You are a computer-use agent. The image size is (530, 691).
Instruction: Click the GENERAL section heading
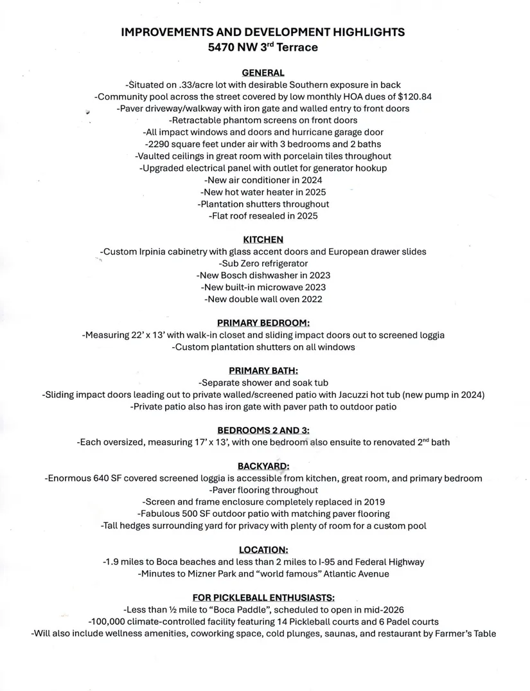(263, 73)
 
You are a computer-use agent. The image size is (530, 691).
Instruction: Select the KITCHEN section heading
(263, 240)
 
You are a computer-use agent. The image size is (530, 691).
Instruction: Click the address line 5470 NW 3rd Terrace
(263, 48)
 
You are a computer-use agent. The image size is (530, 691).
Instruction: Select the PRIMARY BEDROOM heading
(263, 323)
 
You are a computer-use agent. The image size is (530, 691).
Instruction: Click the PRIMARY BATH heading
(263, 371)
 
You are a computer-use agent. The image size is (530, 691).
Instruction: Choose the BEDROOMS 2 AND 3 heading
(263, 431)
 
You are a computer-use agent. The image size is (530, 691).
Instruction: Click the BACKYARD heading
(263, 466)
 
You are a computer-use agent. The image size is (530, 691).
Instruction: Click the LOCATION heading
(263, 550)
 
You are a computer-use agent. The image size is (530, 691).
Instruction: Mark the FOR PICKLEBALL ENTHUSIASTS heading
(263, 598)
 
